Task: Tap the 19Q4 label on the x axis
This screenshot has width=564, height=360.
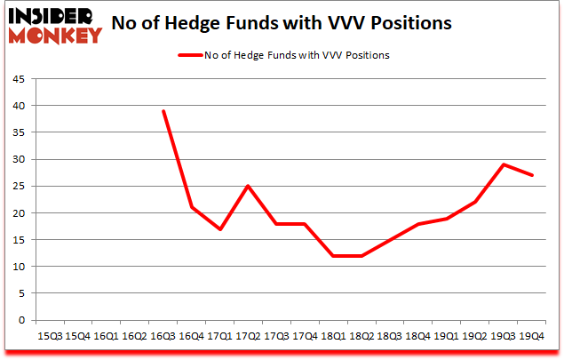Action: coord(532,335)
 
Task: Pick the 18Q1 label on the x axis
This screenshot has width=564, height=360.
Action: coord(334,335)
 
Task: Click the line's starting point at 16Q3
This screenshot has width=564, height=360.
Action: coord(163,111)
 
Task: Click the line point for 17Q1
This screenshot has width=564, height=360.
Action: coord(220,229)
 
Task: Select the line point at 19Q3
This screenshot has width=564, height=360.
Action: coord(504,164)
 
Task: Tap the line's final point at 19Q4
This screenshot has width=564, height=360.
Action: coord(532,175)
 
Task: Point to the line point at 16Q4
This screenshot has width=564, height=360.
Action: coord(192,207)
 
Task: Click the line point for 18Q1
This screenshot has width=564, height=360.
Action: coord(334,256)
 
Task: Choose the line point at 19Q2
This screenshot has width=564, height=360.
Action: coord(475,202)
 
